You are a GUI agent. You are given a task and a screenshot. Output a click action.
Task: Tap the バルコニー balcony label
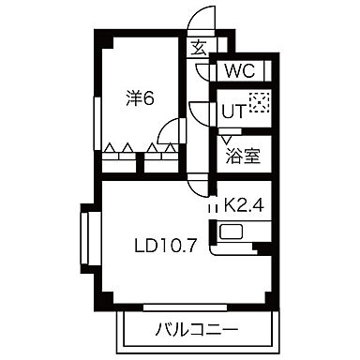coord(196,331)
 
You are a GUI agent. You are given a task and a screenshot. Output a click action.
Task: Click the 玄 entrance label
coord(200,48)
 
